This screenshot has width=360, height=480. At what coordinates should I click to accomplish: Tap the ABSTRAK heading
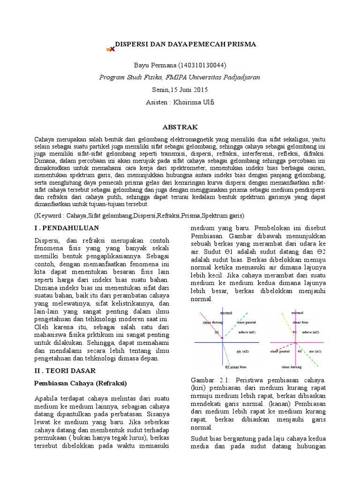pos(180,127)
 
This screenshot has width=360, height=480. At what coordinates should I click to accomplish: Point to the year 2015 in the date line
pos(199,90)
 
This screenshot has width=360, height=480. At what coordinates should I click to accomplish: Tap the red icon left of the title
pos(111,48)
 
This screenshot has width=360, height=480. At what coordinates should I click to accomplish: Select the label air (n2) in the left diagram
pos(242,351)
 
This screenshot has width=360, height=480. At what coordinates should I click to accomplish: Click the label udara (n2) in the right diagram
pos(310,332)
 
